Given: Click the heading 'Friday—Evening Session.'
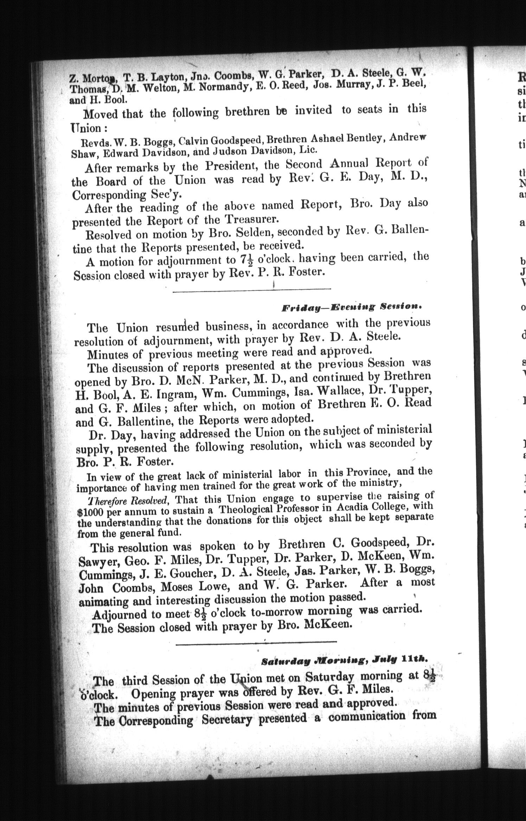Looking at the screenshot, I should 352,307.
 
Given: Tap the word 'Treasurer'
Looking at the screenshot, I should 251,219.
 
